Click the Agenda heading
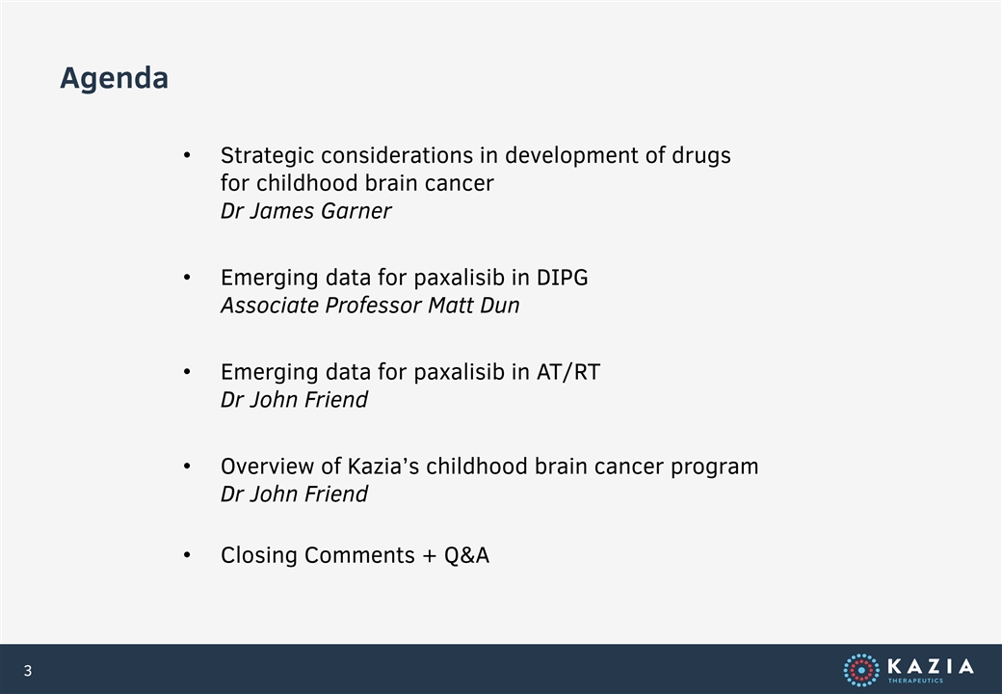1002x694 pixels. [x=114, y=79]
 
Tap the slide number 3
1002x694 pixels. [x=28, y=670]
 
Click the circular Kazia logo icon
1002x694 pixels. [x=860, y=670]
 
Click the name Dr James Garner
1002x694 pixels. [x=305, y=211]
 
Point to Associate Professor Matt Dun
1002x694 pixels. [x=369, y=306]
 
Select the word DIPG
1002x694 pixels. [x=563, y=278]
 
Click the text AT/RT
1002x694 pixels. [x=568, y=372]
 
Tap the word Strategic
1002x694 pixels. [x=267, y=156]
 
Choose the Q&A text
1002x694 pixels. [x=466, y=555]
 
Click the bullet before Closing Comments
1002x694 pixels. [x=187, y=555]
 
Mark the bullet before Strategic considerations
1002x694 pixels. [x=187, y=155]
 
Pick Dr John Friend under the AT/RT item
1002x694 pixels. [x=294, y=400]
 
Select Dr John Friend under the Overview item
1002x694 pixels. [x=294, y=494]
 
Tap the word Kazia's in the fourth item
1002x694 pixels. [x=382, y=467]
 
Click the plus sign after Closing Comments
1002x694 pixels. [x=430, y=556]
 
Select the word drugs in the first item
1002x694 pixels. [x=701, y=156]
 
